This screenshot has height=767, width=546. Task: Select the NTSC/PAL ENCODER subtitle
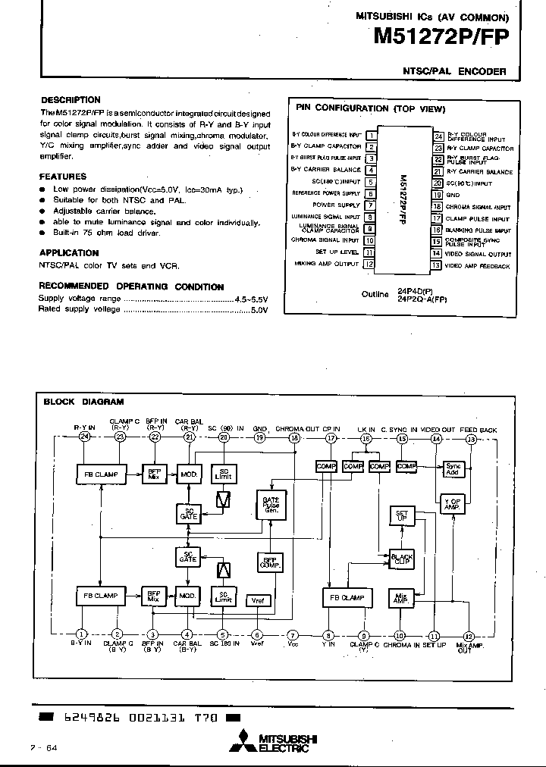(x=454, y=71)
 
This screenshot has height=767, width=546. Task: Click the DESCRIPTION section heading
(x=70, y=100)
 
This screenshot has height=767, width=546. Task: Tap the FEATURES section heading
(x=63, y=176)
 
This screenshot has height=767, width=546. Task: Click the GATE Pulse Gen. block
(x=271, y=506)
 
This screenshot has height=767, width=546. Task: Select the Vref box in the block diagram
(x=259, y=600)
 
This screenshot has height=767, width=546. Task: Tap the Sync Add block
(x=453, y=469)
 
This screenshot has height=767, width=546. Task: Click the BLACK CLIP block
(x=402, y=559)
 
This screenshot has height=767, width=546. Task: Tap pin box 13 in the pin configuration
(x=436, y=265)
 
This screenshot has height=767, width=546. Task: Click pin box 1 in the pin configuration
(x=371, y=135)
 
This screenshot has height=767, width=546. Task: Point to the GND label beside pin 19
(x=453, y=195)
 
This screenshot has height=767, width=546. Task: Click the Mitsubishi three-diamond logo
(x=244, y=740)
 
